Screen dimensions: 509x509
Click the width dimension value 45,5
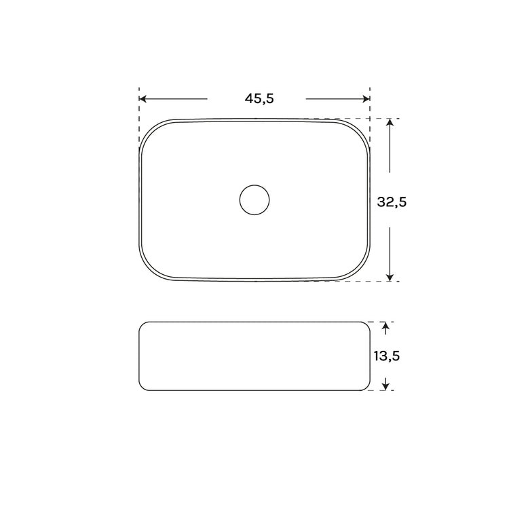pos(259,99)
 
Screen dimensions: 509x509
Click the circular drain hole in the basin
pos(254,200)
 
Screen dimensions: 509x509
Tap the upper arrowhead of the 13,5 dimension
pos(385,327)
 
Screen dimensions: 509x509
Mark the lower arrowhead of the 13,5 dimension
pos(385,385)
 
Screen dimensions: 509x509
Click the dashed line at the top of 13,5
pos(380,322)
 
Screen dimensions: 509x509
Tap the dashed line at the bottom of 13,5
pos(380,391)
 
